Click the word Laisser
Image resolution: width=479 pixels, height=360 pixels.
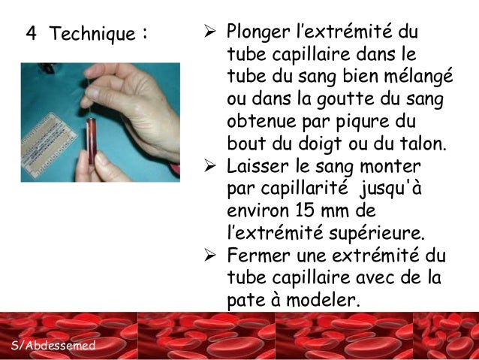pyautogui.click(x=259, y=165)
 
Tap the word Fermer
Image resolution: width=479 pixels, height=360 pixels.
pyautogui.click(x=256, y=254)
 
